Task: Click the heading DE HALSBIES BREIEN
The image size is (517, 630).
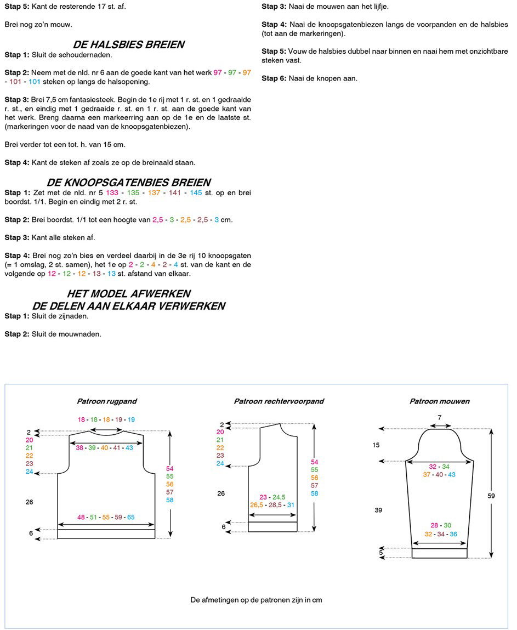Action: coord(128,44)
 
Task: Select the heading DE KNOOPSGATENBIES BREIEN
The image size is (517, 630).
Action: coord(128,182)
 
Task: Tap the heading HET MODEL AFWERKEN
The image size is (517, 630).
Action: coord(128,293)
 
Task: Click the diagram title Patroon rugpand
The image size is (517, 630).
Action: coord(107,401)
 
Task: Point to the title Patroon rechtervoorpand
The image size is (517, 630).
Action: coord(279,401)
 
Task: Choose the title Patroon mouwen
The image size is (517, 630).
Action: coord(439,401)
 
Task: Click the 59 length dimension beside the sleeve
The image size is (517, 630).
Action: coord(491,496)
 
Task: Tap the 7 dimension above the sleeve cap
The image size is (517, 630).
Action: coord(439,418)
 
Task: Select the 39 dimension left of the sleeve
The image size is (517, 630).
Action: coord(378,510)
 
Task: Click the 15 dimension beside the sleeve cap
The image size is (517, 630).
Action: coord(376,445)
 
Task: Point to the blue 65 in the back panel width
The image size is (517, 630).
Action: coord(130,517)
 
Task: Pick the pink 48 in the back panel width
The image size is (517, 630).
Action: coord(81,517)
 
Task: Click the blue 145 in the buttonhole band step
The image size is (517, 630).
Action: coord(196,193)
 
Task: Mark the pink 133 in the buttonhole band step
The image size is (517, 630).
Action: coord(112,193)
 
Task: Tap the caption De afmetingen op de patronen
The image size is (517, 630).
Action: coord(256,600)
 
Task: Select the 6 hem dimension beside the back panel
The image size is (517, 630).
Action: coord(31,533)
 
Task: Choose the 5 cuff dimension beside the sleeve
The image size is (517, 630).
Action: coord(380,553)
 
